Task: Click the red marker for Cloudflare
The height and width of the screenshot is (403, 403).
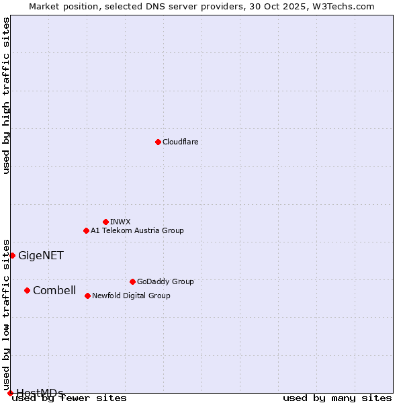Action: coord(158,142)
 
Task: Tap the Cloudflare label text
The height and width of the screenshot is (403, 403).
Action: coord(180,142)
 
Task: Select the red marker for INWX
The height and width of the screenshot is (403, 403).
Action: coord(105,222)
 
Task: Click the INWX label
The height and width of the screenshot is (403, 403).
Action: coord(120,222)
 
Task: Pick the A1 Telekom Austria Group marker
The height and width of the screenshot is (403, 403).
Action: coord(86,230)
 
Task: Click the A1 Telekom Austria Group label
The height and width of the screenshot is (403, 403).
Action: coord(137,230)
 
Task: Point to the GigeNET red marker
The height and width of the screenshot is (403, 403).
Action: coord(12,255)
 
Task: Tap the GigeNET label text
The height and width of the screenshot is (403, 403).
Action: coord(40,255)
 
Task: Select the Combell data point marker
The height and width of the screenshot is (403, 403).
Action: coord(27,290)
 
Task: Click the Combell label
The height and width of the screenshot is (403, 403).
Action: coord(54,290)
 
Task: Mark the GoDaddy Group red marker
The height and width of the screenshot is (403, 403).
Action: coord(132,281)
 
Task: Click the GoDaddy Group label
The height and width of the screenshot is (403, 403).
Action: coord(165,281)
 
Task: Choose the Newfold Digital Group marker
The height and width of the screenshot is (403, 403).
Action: coord(87,296)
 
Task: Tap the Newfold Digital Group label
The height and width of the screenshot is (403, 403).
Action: coord(131,296)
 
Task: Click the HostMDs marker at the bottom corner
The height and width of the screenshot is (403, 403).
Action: coord(10,393)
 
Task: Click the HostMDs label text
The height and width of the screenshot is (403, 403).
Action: coord(40,393)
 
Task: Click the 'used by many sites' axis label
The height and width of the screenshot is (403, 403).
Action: coord(337,398)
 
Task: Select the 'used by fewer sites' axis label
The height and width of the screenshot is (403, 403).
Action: coord(70,398)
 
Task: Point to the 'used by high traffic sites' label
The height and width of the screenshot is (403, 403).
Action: coord(6,95)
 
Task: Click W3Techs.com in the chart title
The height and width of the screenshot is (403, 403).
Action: coord(341,6)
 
